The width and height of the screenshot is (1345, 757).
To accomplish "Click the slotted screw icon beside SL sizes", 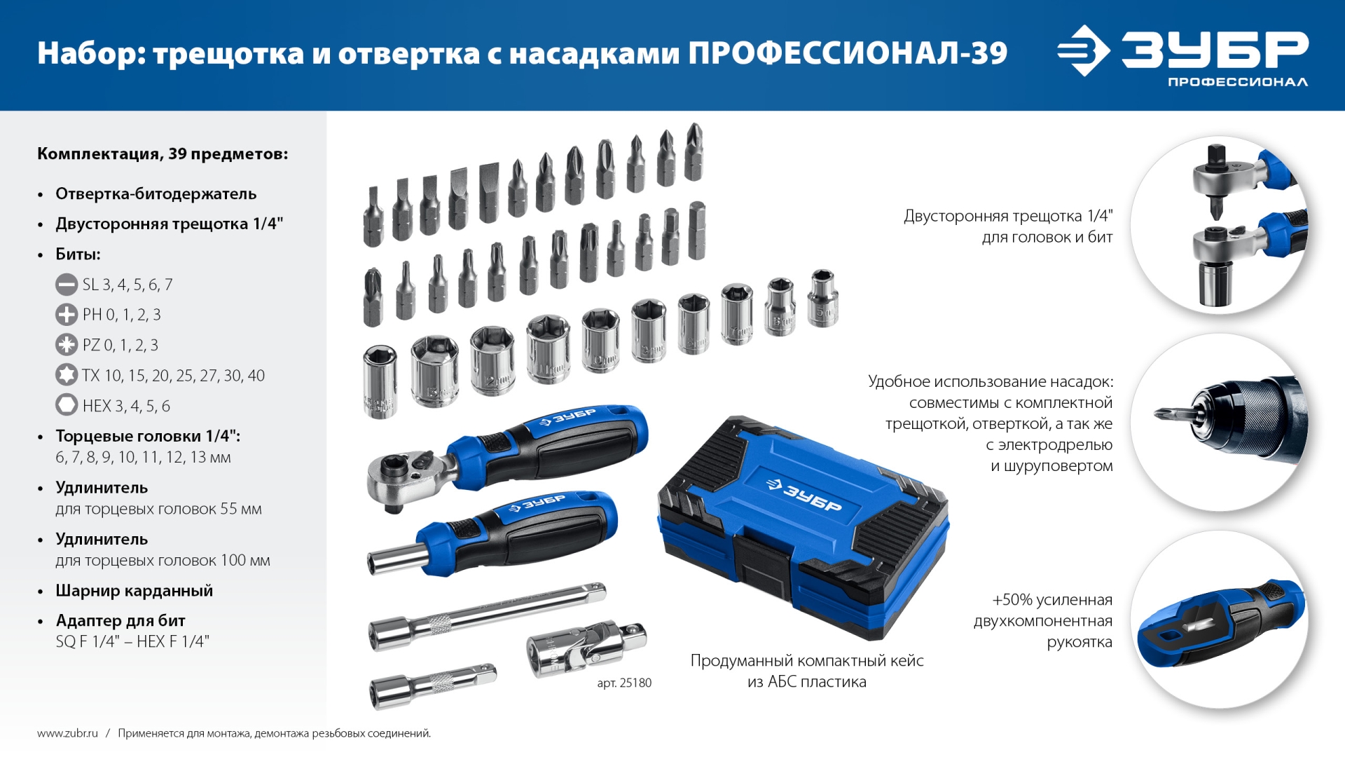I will click(67, 285).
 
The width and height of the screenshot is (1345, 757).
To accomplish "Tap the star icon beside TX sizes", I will click(67, 375).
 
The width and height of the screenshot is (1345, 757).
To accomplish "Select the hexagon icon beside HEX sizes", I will click(67, 405).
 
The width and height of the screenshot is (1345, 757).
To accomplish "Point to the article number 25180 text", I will click(624, 683).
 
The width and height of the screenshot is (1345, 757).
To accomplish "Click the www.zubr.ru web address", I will click(67, 733).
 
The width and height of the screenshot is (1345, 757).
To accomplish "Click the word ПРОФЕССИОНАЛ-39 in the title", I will click(848, 53).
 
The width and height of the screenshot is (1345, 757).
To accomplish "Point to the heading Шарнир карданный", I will click(134, 590).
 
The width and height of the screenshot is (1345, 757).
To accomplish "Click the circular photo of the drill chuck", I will click(1219, 422).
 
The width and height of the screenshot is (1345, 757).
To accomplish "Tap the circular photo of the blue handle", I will click(1219, 620).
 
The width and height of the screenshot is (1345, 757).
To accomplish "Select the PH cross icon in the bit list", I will click(67, 315).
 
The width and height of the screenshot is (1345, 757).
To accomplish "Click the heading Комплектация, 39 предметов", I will click(163, 154).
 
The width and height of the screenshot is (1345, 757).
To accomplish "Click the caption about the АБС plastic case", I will click(807, 671).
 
